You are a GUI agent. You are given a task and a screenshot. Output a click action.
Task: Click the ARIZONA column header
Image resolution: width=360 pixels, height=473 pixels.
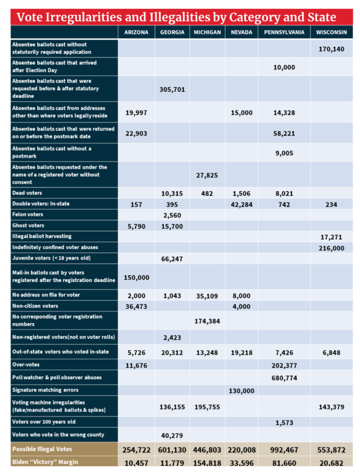136,32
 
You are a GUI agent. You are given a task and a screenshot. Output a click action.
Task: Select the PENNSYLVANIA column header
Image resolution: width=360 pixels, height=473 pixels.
284,32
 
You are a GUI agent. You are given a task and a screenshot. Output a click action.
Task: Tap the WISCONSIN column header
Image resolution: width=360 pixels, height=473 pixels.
331,32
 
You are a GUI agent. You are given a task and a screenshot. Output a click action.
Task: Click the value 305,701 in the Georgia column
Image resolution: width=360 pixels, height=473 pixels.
172,90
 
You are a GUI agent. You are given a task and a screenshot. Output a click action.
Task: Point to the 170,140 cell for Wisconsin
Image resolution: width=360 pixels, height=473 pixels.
331,49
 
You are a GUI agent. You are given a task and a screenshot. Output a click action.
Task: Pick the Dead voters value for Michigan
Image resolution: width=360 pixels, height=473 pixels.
207,193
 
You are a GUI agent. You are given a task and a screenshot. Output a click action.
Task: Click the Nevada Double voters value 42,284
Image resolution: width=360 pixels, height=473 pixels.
241,205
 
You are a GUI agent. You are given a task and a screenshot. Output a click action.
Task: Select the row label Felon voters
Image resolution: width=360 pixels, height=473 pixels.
28,214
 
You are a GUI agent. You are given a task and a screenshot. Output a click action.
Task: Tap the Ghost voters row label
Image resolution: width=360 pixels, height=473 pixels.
28,225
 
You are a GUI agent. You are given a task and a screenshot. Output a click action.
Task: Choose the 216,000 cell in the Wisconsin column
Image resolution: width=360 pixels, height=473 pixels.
331,248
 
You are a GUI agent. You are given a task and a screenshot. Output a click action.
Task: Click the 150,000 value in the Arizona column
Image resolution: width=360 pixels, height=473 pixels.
136,277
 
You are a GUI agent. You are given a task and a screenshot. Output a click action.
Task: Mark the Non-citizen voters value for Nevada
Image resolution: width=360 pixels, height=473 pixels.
241,306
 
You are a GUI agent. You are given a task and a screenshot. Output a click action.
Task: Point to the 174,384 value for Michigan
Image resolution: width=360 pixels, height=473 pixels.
207,321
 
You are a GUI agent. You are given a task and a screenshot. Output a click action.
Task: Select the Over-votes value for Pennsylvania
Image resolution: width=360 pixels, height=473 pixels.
284,365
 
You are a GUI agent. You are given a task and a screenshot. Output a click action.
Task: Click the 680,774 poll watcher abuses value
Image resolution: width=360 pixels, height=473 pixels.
284,378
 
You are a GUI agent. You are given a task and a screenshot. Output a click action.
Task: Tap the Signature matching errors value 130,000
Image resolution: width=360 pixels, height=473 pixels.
241,391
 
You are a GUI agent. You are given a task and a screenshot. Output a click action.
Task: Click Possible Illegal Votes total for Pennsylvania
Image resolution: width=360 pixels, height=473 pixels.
284,449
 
